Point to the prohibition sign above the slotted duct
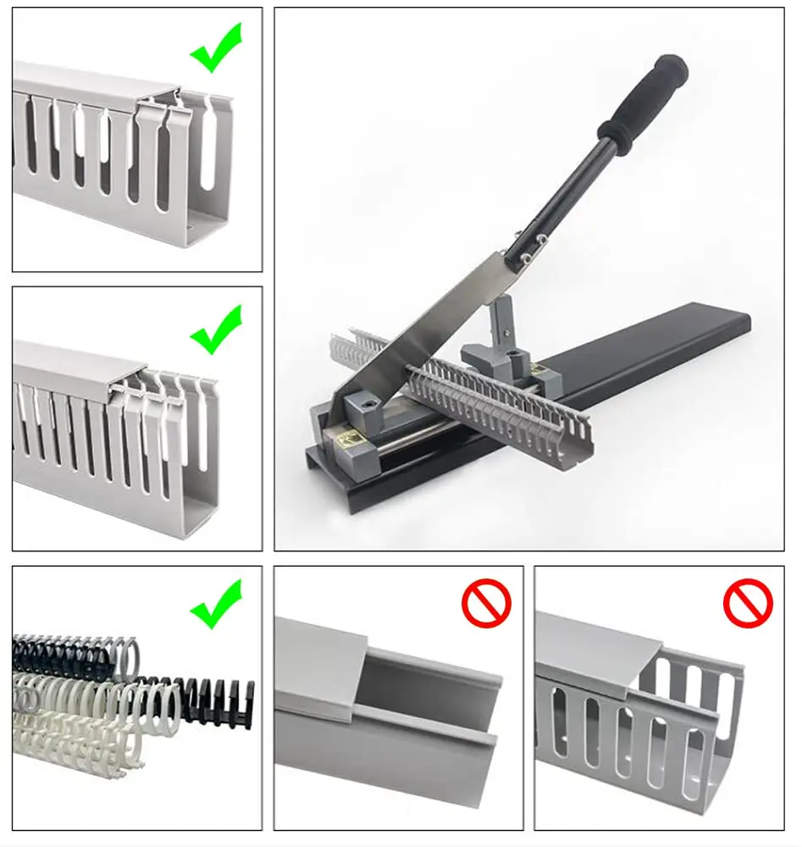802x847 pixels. (x=748, y=604)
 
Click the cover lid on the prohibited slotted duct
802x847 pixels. (x=593, y=653)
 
